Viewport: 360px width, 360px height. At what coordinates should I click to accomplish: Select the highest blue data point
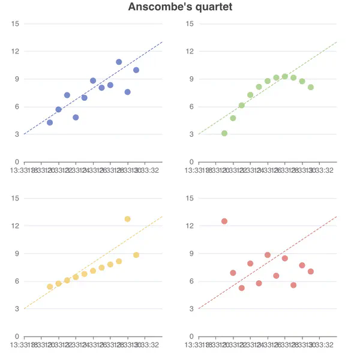point(119,62)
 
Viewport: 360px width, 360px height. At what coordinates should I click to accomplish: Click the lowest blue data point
point(50,122)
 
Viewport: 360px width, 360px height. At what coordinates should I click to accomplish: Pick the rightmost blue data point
point(136,70)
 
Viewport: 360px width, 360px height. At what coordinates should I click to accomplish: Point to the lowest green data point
point(224,133)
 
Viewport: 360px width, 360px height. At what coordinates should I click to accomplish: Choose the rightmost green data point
point(311,87)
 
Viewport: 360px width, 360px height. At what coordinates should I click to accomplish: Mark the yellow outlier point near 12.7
point(128,219)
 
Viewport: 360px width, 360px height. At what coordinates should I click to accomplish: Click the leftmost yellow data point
point(50,287)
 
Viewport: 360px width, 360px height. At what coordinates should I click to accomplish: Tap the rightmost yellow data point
point(136,255)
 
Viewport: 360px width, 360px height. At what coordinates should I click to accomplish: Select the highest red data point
point(224,221)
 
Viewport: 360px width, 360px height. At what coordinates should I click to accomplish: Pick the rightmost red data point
point(311,272)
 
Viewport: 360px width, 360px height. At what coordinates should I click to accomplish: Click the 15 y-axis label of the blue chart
point(16,23)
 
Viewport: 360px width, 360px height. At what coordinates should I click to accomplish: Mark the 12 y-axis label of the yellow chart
point(16,226)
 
